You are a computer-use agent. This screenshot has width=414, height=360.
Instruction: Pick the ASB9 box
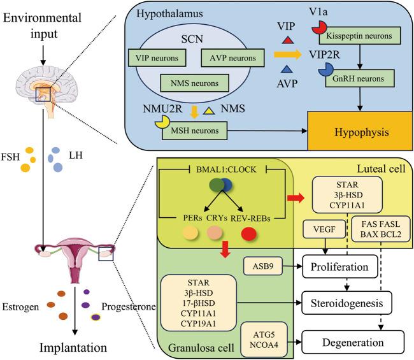pos(261,263)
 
